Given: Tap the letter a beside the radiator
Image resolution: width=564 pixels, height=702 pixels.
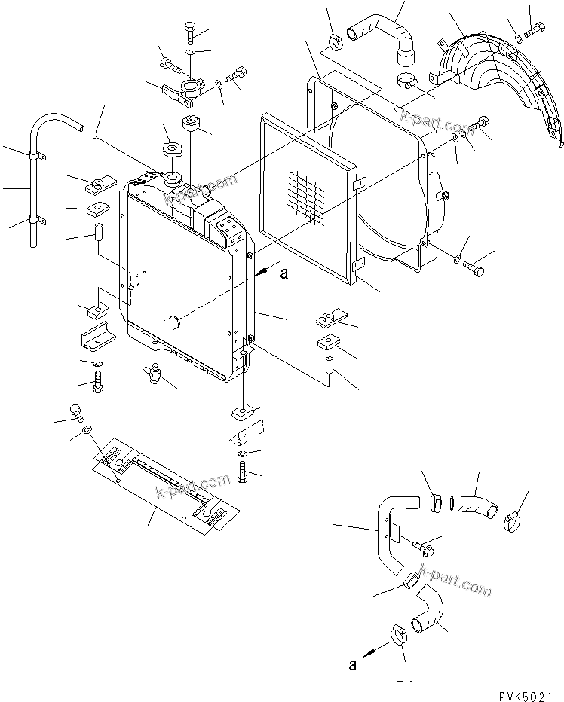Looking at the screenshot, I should point(284,274).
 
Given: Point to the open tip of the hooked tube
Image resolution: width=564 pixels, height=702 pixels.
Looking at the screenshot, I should point(79,130).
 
